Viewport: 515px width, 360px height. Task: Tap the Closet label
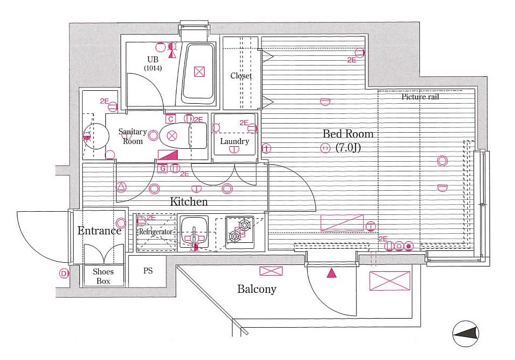(x=241, y=76)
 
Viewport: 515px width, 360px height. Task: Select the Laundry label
(x=235, y=141)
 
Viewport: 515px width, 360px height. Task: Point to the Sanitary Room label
(x=133, y=136)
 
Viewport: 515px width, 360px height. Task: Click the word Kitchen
(x=188, y=202)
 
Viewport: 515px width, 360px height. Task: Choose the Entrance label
(x=99, y=231)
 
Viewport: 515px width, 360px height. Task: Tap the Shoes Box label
(x=103, y=276)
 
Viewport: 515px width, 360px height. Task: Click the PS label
(x=148, y=271)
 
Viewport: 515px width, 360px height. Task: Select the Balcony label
(x=257, y=289)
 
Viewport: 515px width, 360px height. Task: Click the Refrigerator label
(x=156, y=232)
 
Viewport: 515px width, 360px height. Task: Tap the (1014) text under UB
(x=153, y=68)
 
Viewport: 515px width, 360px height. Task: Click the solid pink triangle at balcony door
(x=331, y=273)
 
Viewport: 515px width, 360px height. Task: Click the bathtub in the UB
(x=199, y=73)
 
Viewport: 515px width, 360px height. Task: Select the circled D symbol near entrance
(x=63, y=273)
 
